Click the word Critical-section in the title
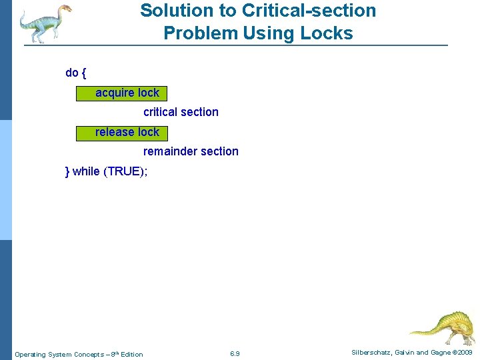310,11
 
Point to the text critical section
181,112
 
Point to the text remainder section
191,151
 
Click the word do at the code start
71,73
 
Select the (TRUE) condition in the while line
126,171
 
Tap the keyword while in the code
86,171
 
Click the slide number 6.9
235,353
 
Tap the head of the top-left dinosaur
64,9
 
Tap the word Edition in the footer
131,354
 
